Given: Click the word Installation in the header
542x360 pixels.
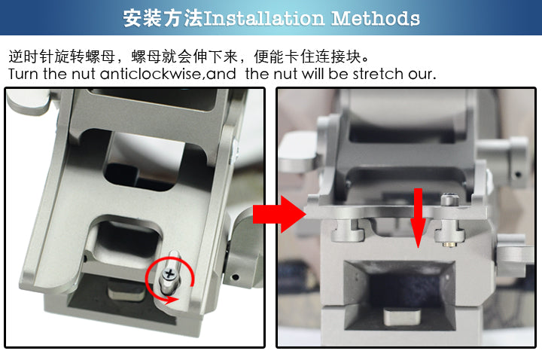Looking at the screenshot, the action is coord(264,18).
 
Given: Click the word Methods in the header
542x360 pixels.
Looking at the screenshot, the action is coord(376,18).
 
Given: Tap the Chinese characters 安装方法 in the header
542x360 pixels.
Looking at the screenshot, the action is coord(163,18).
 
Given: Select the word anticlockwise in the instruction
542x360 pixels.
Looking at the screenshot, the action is coord(151,74).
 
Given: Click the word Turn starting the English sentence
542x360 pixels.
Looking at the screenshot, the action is coord(23,74).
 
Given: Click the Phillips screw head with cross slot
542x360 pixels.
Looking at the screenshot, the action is coord(169,274).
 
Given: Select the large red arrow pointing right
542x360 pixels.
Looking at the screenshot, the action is coord(279,215).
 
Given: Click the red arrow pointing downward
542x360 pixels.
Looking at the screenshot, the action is coord(419,218).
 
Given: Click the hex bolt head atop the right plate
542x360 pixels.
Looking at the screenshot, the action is coord(449,200).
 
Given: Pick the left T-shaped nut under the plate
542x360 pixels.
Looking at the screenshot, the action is coord(348,230).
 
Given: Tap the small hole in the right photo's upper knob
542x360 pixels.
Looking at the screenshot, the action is coord(517,174).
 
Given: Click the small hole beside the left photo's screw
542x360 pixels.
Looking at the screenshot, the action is coord(236,277).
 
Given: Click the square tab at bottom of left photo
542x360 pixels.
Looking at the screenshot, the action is coord(126,290).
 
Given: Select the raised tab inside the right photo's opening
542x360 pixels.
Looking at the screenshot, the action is coord(402,316).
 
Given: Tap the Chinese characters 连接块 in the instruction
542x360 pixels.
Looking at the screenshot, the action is coord(339,56).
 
